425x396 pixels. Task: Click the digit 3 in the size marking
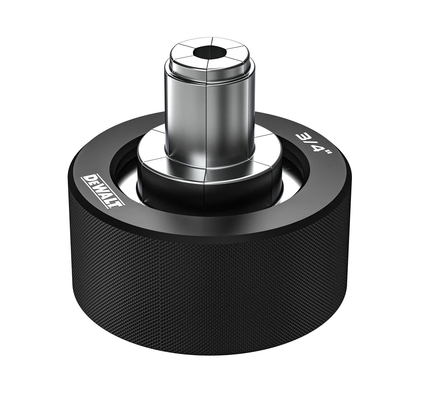[303, 139]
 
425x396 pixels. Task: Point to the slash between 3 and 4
[312, 146]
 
